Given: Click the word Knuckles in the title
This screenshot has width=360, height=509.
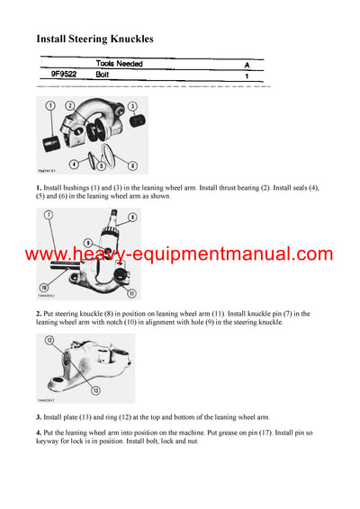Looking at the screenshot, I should coord(123,39).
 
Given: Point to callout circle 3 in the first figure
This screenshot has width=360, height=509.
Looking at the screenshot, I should coord(134,107).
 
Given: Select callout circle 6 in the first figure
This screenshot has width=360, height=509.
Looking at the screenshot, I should coord(132,165).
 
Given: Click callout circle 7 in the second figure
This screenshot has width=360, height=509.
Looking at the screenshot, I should coord(47,217).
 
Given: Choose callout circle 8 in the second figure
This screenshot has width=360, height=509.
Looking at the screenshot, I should coord(133,217).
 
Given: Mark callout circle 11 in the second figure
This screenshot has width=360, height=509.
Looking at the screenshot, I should coord(131,292).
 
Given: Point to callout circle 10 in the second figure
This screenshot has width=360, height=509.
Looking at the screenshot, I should coord(43,287).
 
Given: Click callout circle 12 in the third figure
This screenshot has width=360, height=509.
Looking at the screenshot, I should coord(49,340).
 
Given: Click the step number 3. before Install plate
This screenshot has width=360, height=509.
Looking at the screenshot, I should coord(39,417).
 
